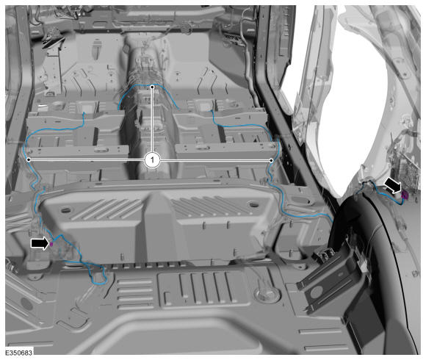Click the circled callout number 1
click(153, 160)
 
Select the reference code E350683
click(19, 353)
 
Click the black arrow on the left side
click(40, 243)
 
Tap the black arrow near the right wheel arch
click(393, 186)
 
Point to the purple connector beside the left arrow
click(51, 244)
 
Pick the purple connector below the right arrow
click(405, 195)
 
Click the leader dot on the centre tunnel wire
click(153, 87)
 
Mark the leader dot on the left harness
click(29, 159)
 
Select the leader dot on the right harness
click(271, 161)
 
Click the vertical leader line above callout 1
click(153, 120)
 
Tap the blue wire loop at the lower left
click(98, 275)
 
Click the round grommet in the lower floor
click(266, 294)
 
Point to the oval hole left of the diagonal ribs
click(65, 209)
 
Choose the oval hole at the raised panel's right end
click(254, 204)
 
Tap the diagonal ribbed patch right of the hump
click(209, 206)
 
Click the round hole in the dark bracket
click(316, 292)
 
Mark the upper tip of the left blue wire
click(84, 112)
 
